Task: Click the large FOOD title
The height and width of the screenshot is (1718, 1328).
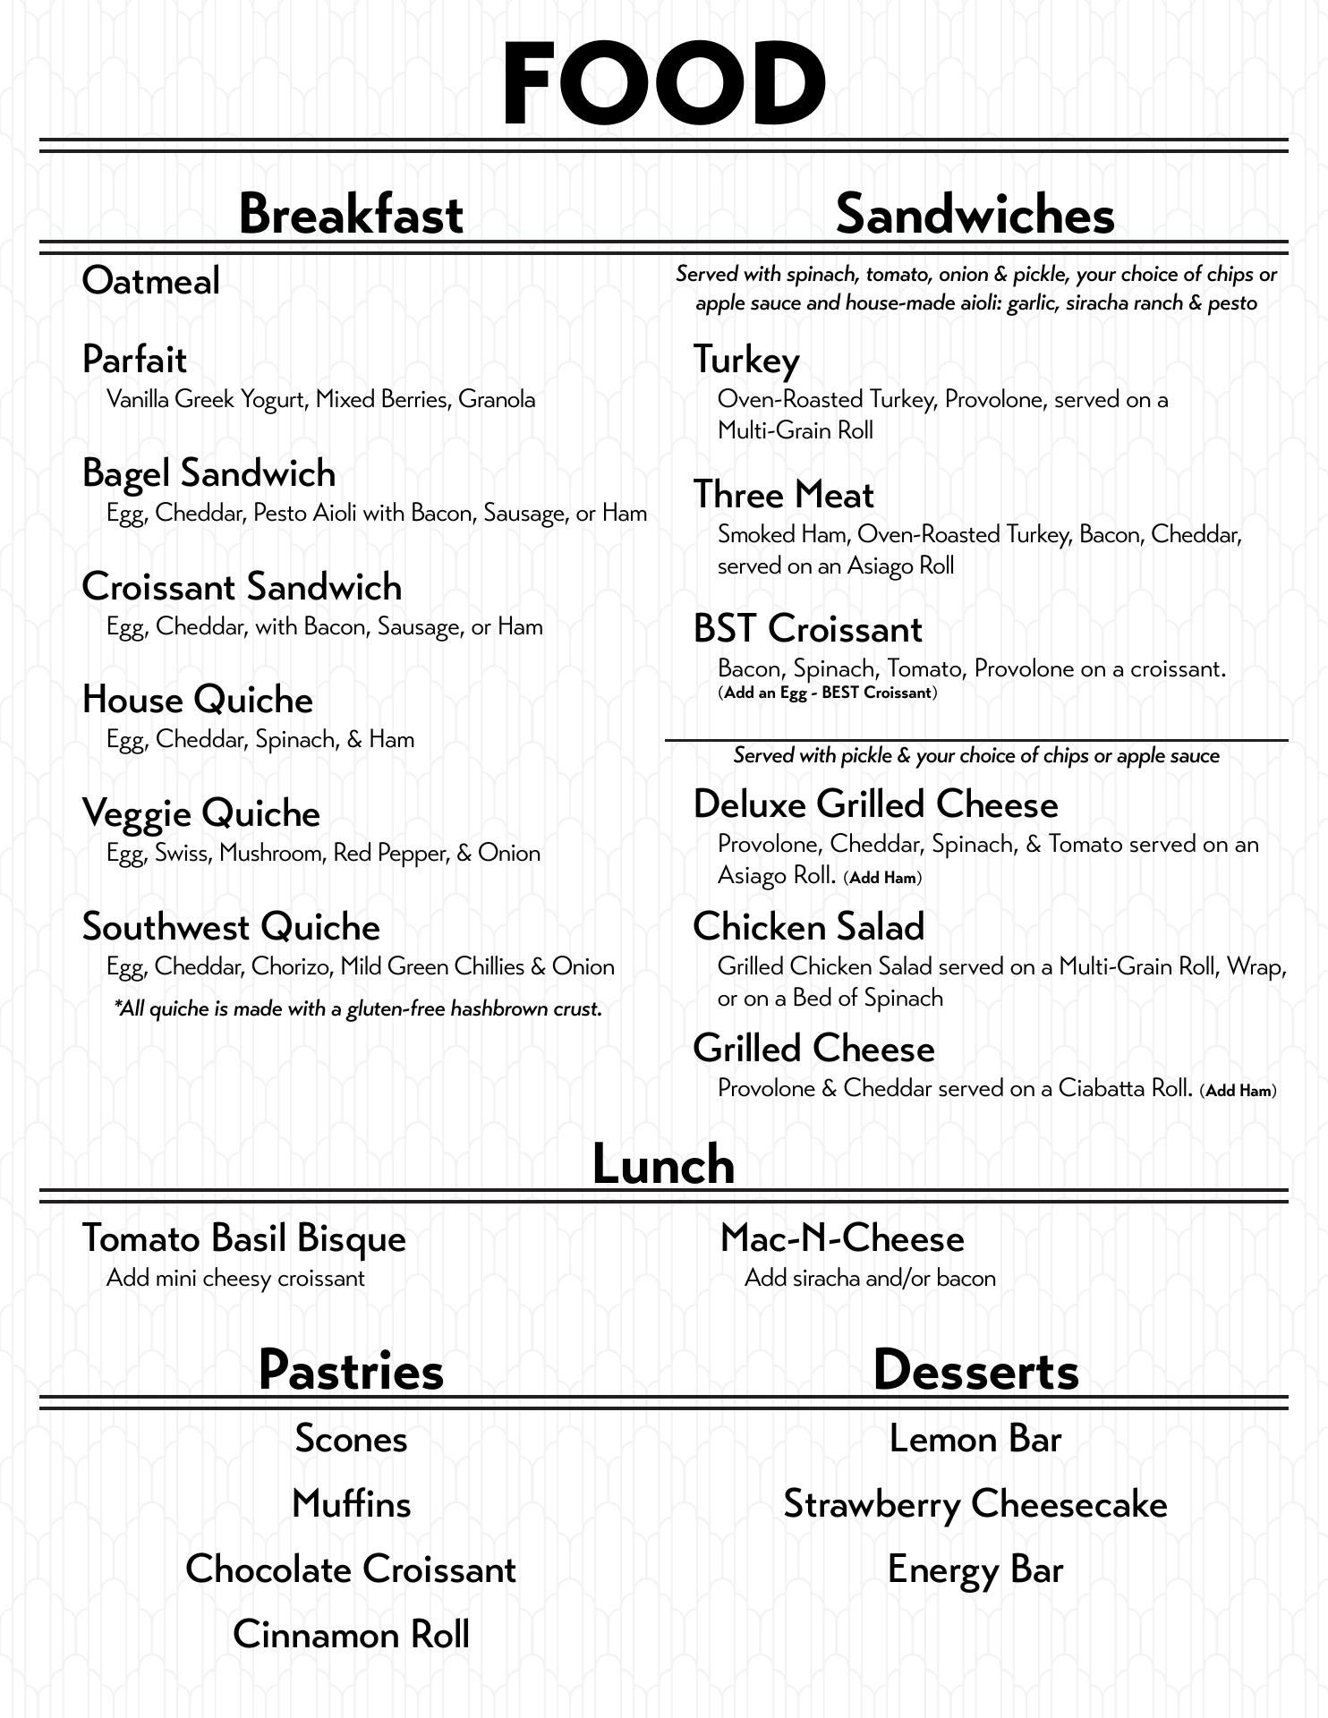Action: (x=663, y=83)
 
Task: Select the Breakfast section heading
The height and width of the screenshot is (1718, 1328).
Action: (x=351, y=215)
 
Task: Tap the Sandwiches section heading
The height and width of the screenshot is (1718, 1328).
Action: (x=975, y=215)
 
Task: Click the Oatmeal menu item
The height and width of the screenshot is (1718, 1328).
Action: (x=150, y=281)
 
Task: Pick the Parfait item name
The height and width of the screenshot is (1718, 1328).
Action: (x=134, y=360)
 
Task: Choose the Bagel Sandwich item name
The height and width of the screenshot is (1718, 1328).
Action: (x=209, y=473)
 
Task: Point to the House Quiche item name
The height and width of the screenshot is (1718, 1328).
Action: (x=197, y=700)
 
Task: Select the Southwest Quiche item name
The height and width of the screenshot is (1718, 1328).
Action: (x=231, y=927)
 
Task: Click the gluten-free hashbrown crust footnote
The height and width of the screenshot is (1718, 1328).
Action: (x=358, y=1009)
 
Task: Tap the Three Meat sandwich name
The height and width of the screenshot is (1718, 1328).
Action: (x=783, y=495)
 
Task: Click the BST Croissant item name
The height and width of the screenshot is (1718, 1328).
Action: (x=807, y=629)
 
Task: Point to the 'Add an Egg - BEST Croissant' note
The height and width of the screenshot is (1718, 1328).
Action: (x=828, y=693)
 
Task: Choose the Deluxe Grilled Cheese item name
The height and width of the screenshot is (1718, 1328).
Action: (x=875, y=804)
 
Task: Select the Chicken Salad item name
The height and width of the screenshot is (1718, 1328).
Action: (x=808, y=927)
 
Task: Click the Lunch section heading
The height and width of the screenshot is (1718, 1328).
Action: (x=663, y=1165)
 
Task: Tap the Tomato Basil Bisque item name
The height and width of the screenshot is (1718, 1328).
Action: (x=243, y=1238)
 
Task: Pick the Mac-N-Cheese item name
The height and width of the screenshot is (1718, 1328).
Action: (x=842, y=1238)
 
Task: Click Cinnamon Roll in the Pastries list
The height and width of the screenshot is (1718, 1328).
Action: (x=351, y=1635)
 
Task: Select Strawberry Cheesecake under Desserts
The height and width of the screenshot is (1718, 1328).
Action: (x=975, y=1504)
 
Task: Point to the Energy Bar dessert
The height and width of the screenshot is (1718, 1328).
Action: (x=975, y=1569)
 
